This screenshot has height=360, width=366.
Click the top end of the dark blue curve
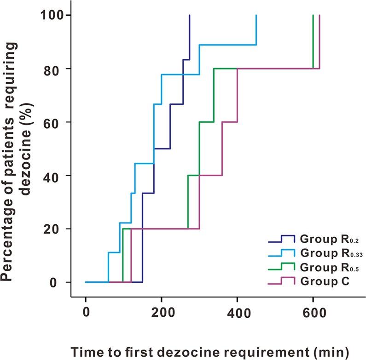pos(189,15)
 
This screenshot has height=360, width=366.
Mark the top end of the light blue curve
pos(256,15)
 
